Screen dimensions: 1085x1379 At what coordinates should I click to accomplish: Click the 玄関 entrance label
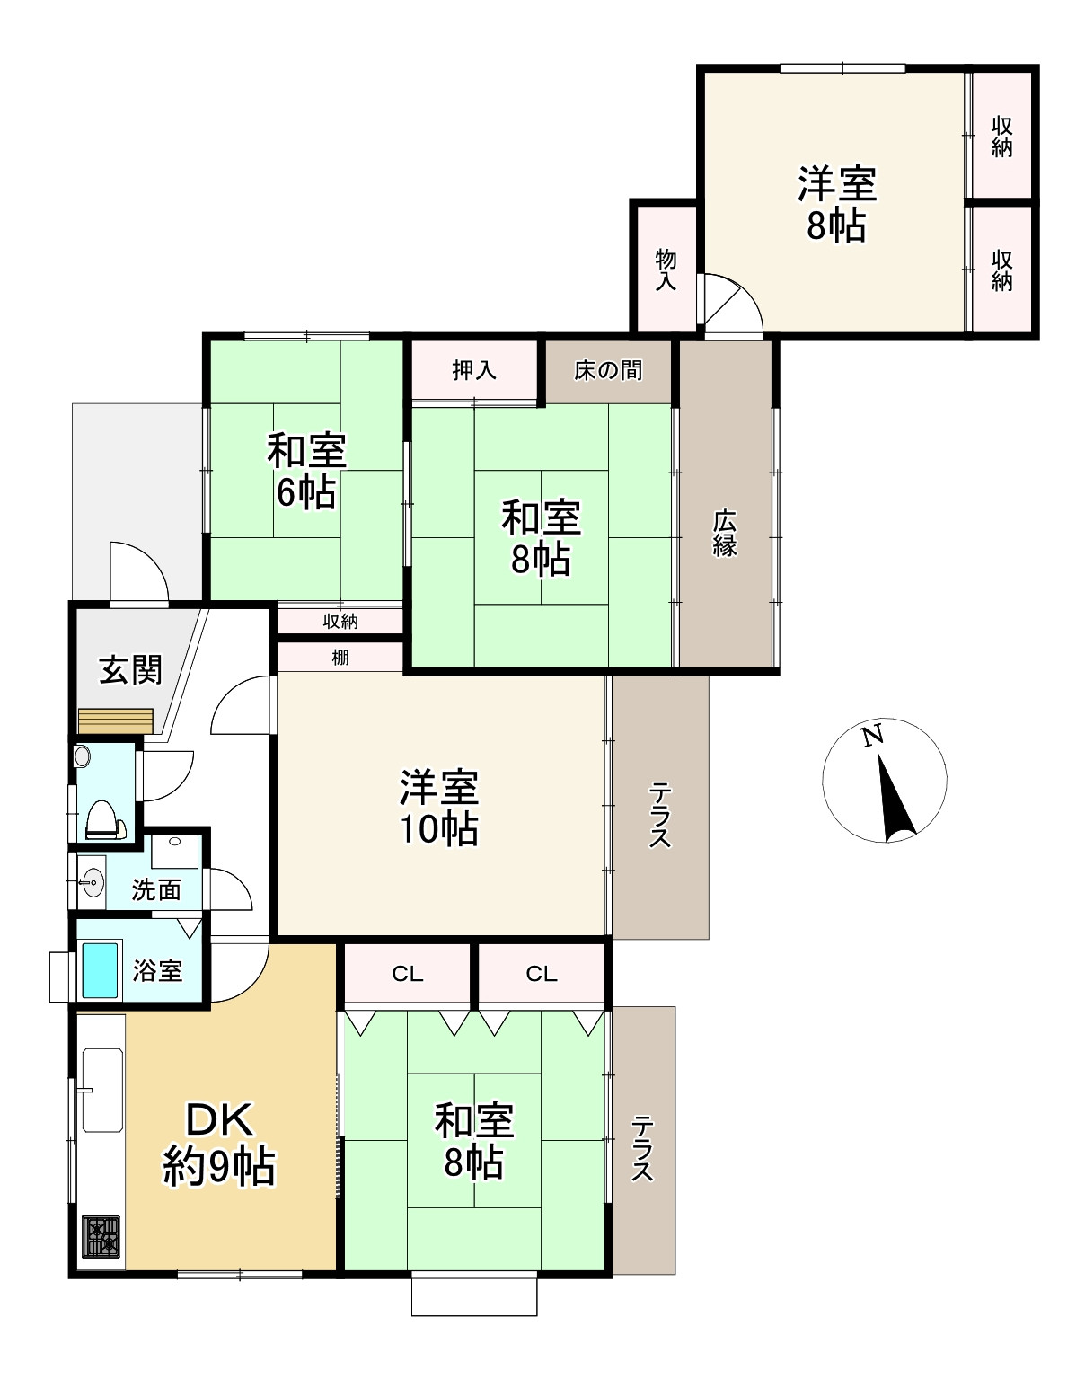click(131, 669)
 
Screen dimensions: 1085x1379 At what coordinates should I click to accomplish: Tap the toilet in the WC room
click(102, 819)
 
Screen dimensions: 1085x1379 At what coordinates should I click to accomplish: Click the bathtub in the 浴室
click(100, 971)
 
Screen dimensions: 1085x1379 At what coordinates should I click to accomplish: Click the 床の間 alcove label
click(607, 370)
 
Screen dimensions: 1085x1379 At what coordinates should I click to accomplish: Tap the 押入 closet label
click(474, 370)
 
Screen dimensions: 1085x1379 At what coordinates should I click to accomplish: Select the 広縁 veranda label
click(725, 533)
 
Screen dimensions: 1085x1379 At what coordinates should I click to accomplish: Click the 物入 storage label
click(666, 270)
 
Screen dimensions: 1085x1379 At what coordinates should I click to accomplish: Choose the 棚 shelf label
click(340, 658)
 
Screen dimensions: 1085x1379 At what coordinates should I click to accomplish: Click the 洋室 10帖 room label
click(439, 808)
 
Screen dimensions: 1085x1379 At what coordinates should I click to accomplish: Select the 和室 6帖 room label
click(307, 471)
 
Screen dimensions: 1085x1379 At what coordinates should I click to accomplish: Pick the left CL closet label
click(408, 974)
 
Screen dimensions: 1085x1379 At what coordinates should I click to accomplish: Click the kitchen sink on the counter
click(102, 1090)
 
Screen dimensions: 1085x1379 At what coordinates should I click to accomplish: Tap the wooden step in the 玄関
click(115, 720)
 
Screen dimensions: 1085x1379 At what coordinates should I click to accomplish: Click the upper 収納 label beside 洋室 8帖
click(1001, 137)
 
